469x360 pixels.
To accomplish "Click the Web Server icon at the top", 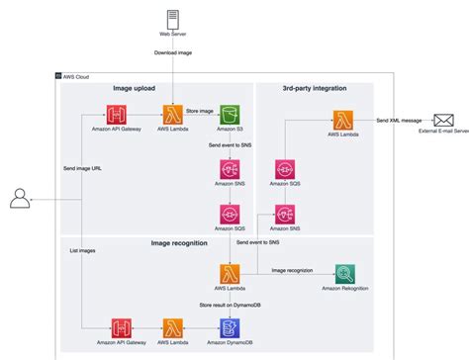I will pos(174,19).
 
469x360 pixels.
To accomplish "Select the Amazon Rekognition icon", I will pos(345,274).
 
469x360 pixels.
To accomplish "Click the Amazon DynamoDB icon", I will pos(230,327).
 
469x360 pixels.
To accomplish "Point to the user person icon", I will pos(20,200).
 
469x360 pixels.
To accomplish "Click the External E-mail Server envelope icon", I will pos(442,120).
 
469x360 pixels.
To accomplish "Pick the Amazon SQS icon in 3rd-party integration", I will pos(286,168).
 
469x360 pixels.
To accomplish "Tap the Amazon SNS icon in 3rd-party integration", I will pos(286,213).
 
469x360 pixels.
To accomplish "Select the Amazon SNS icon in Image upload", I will pos(231,168).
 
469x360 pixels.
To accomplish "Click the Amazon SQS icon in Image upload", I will pos(231,213).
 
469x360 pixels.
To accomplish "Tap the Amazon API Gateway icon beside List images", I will pos(122,327).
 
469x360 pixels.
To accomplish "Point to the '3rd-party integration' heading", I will pos(315,88).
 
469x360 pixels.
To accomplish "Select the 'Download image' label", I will pos(174,52).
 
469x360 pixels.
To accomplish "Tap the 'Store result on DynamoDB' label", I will pos(230,305).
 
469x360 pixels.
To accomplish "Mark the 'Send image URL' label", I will pos(82,168).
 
